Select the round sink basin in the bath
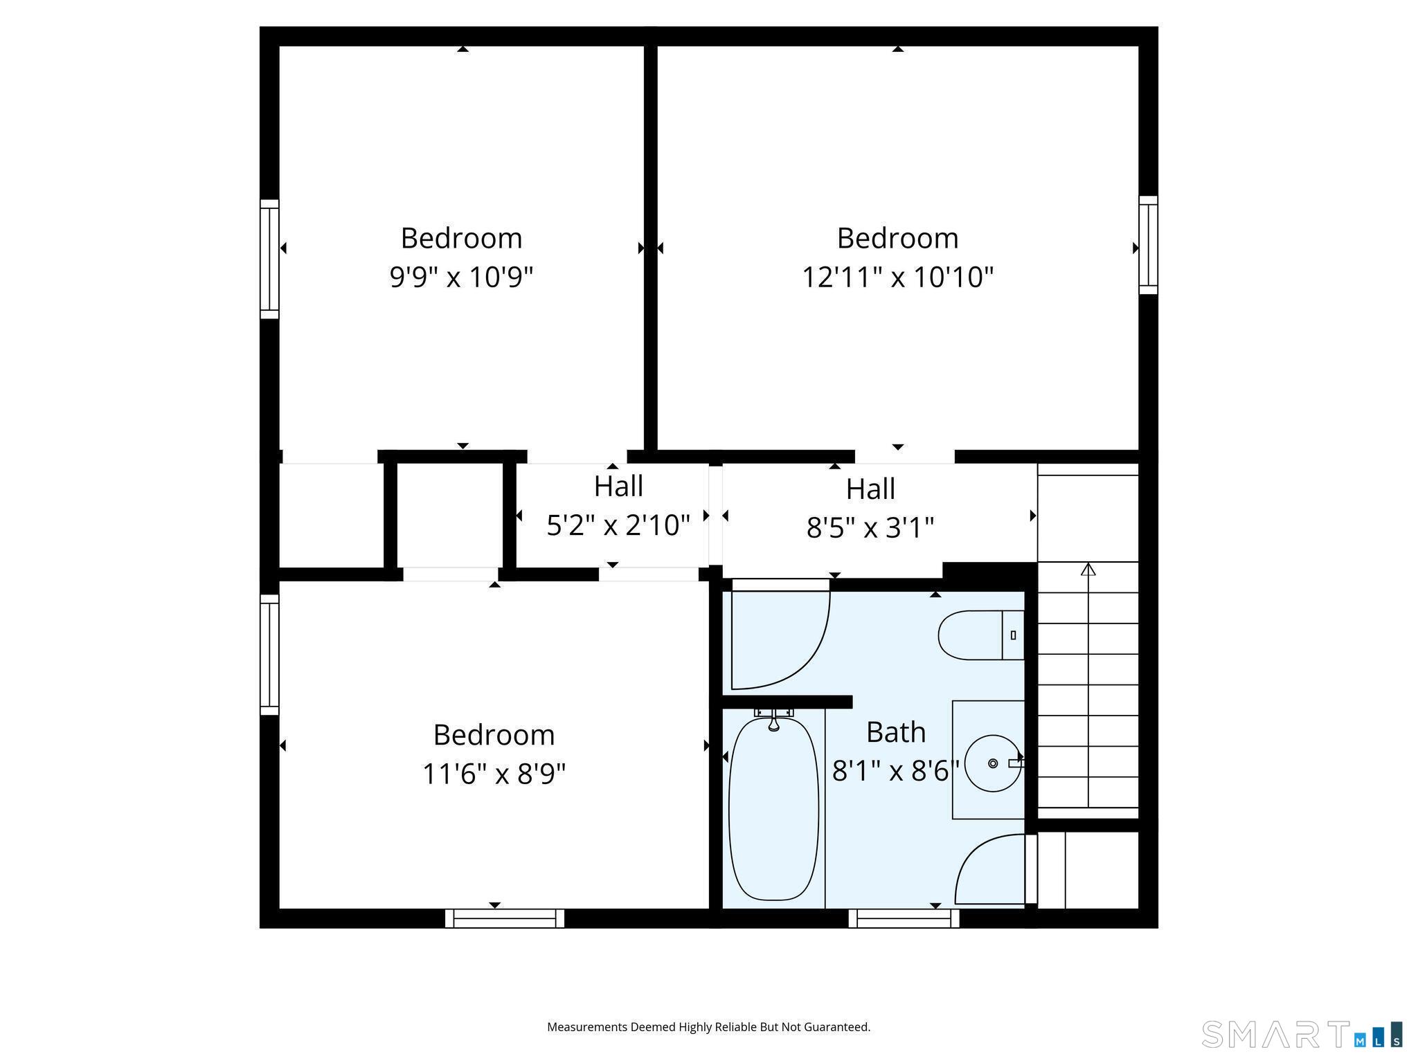[992, 763]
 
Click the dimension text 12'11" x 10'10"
[897, 278]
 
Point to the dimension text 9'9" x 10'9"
[461, 278]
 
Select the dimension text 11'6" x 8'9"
[494, 774]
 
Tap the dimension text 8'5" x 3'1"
[870, 528]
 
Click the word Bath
[896, 732]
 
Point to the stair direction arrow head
[1088, 569]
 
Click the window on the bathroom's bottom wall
[904, 918]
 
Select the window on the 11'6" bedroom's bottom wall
[505, 918]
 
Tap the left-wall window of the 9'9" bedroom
[269, 260]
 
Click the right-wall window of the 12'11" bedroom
[1148, 245]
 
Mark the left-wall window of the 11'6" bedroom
[269, 655]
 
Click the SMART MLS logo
[1302, 1034]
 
